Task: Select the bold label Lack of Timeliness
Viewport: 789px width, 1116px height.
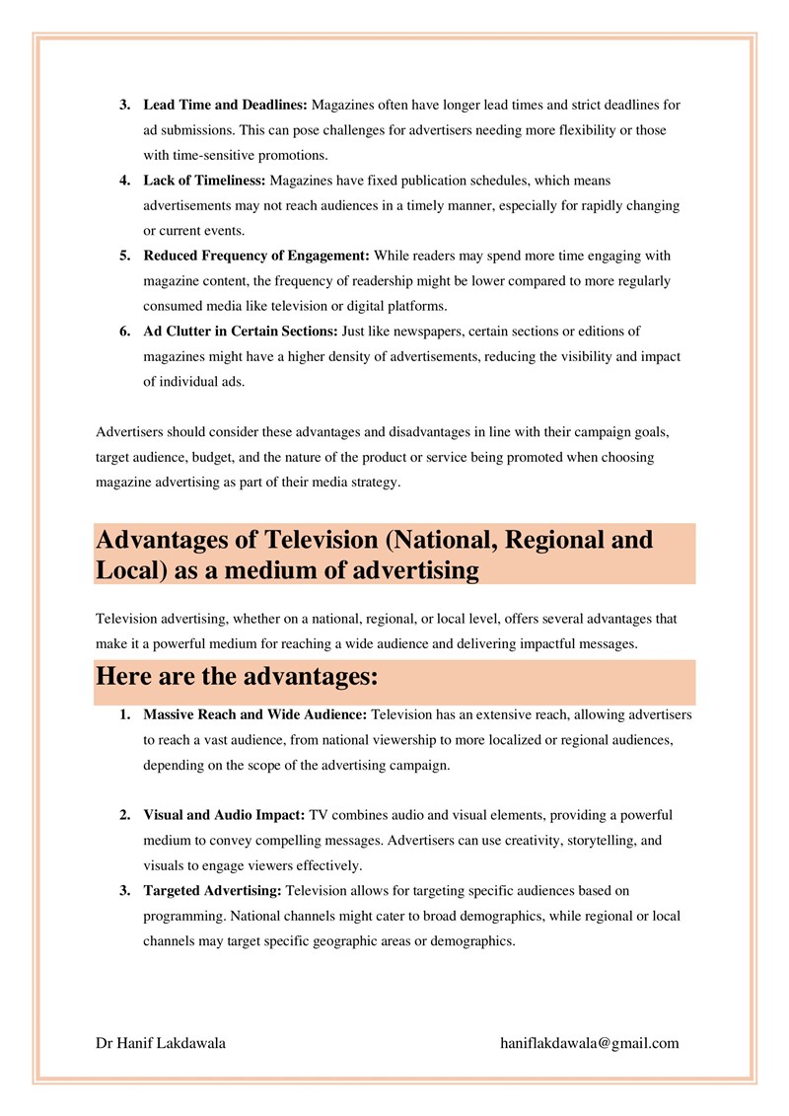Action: tap(204, 181)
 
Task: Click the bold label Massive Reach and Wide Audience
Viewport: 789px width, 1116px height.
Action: tap(255, 713)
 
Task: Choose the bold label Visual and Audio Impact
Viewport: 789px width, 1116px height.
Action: tap(225, 815)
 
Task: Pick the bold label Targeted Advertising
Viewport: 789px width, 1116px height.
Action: tap(212, 891)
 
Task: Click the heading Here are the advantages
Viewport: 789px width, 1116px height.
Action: tap(238, 679)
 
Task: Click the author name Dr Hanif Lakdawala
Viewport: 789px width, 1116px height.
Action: tap(161, 1043)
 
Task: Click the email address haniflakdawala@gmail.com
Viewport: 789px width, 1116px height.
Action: tap(590, 1043)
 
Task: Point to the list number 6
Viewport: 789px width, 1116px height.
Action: tap(125, 332)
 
